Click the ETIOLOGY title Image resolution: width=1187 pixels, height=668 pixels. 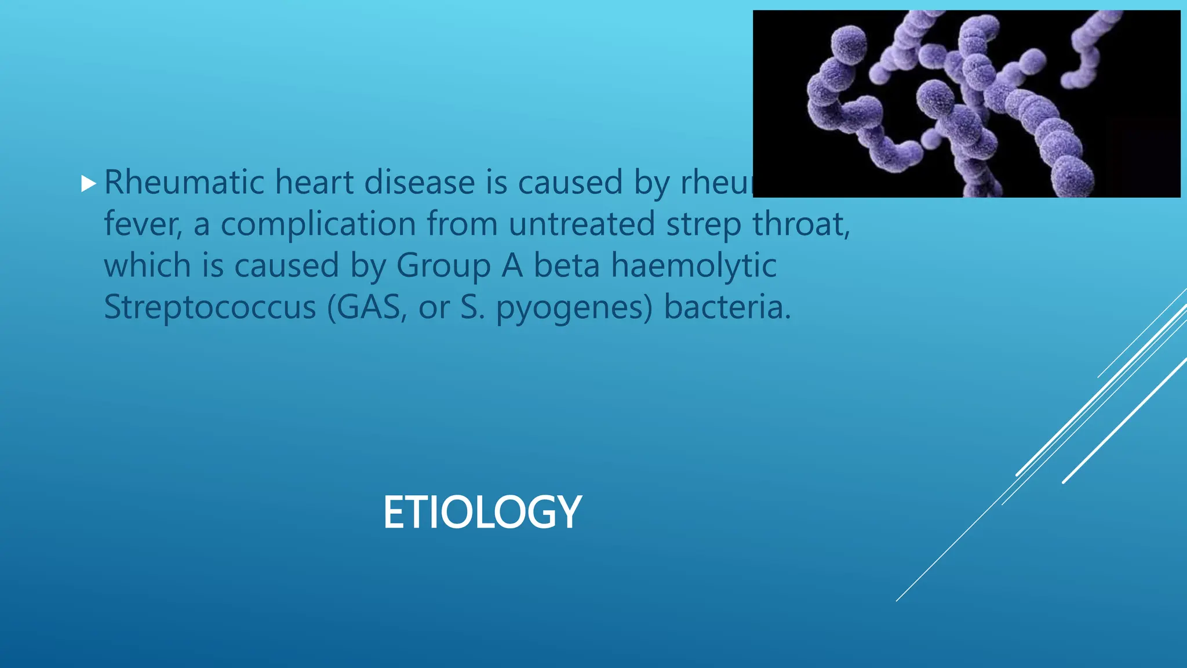[482, 513]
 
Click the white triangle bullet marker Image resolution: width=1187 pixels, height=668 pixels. [88, 184]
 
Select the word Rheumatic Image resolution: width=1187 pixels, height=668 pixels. [184, 183]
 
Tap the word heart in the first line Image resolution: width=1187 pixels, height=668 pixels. [314, 183]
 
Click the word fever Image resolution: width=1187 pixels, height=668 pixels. [143, 225]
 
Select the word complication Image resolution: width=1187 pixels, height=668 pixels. [318, 225]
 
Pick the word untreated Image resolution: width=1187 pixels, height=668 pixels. [582, 225]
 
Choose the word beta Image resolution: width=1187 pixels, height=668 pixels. [566, 266]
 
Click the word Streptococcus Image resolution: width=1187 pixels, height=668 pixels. [210, 308]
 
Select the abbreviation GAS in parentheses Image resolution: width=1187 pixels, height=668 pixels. [369, 308]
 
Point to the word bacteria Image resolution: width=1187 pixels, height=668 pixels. [727, 307]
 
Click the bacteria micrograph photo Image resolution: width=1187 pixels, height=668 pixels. [966, 104]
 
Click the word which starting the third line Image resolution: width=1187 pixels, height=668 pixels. [147, 266]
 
